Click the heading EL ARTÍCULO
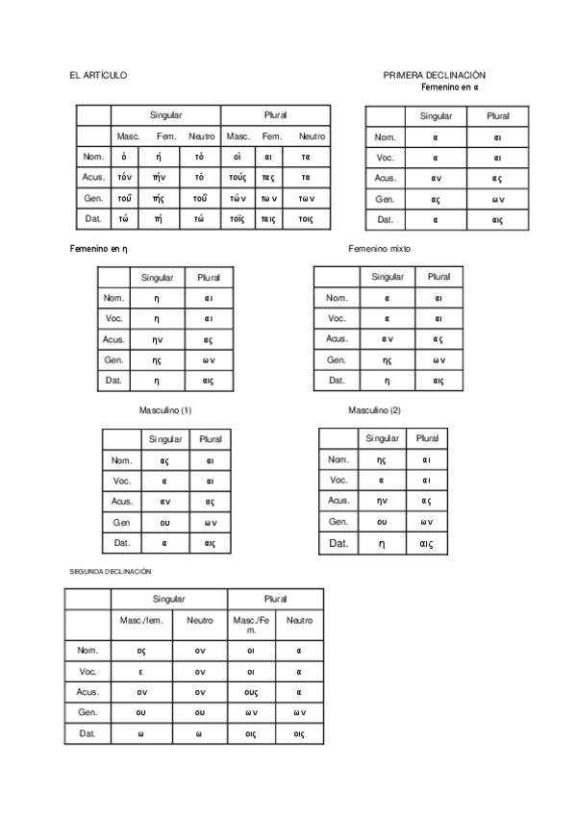coord(98,75)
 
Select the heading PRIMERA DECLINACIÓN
coord(434,75)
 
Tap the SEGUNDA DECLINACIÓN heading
coord(111,571)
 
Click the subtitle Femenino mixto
coord(379,248)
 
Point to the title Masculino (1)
coord(165,409)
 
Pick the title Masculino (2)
coord(374,410)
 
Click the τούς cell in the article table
coord(238,177)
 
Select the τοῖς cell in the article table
coord(238,218)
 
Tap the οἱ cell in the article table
coord(238,157)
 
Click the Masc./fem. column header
coord(141,620)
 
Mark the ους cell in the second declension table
coord(252,692)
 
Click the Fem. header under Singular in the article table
coord(166,136)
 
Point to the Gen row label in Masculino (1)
coord(122,522)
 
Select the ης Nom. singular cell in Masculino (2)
coord(382,459)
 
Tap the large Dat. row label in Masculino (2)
coord(338,544)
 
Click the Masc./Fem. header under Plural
coord(251,625)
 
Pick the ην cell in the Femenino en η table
coord(158,339)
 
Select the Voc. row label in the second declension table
coord(88,672)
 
